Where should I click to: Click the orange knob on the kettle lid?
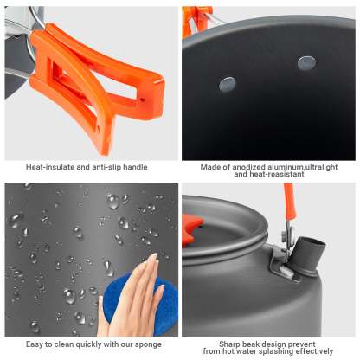click(191, 228)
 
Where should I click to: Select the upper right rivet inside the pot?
click(306, 63)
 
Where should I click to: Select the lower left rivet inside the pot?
click(228, 84)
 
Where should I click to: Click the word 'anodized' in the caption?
click(249, 167)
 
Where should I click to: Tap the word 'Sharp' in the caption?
click(229, 344)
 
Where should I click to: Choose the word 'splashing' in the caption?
click(275, 351)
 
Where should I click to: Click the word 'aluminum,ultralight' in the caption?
click(303, 167)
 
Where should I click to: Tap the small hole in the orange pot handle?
click(142, 100)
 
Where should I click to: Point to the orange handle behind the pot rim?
click(196, 21)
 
